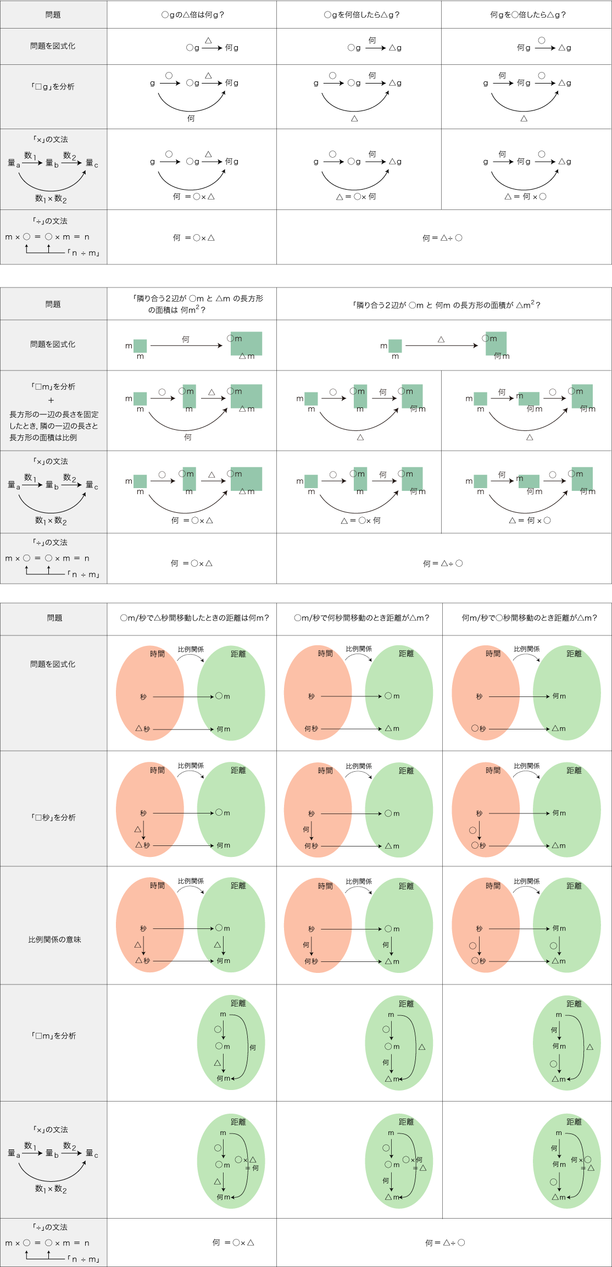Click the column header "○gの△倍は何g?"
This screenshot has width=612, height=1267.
(x=192, y=15)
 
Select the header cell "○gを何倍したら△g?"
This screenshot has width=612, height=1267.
(x=361, y=15)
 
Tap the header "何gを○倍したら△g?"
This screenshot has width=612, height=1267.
(x=527, y=15)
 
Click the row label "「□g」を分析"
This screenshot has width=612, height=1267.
(x=53, y=87)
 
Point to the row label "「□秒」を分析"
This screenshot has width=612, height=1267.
(x=53, y=817)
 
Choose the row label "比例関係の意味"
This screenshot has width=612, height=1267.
(x=54, y=939)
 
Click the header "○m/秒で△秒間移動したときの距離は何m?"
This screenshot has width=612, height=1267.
(x=194, y=618)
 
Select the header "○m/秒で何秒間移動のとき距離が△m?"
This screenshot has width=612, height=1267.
(x=361, y=618)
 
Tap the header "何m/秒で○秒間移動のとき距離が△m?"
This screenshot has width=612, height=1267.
(x=529, y=618)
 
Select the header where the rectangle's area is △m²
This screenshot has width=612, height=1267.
(x=446, y=305)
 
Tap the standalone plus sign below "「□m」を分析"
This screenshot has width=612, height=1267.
(x=51, y=401)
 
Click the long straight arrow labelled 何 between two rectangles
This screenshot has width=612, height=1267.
(x=186, y=346)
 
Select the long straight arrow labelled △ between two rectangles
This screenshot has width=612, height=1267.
(x=441, y=346)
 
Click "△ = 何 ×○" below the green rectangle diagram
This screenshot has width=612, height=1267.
(x=530, y=521)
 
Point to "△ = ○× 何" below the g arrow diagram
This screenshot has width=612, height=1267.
(x=356, y=197)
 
